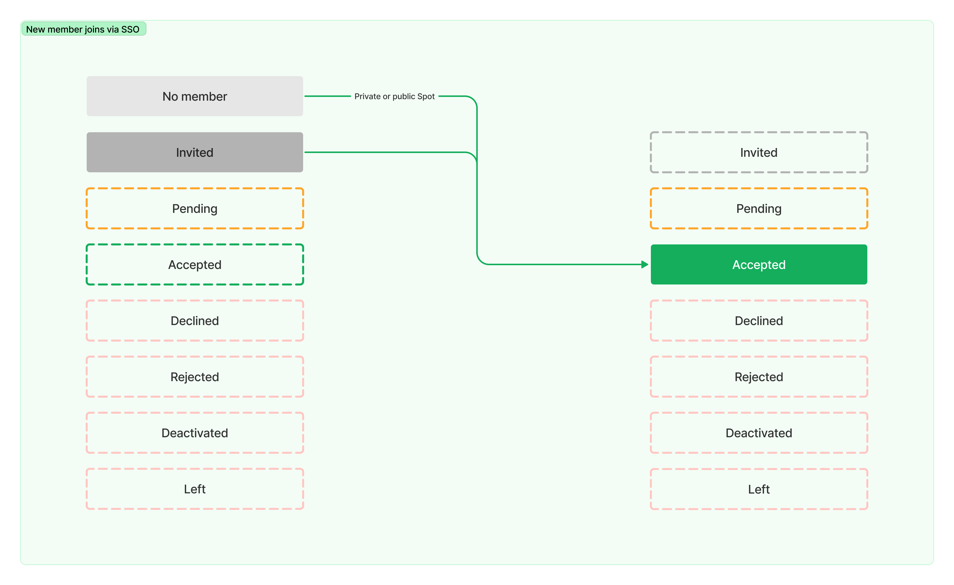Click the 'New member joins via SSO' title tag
pos(84,29)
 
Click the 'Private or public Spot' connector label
pos(395,96)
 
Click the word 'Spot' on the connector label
pos(426,96)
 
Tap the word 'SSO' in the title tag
pos(130,29)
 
